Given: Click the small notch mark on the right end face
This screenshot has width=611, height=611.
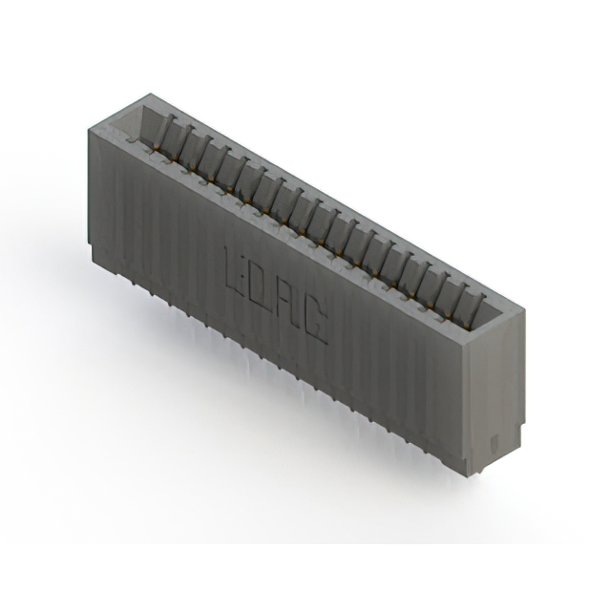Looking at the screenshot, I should click(x=494, y=443).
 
